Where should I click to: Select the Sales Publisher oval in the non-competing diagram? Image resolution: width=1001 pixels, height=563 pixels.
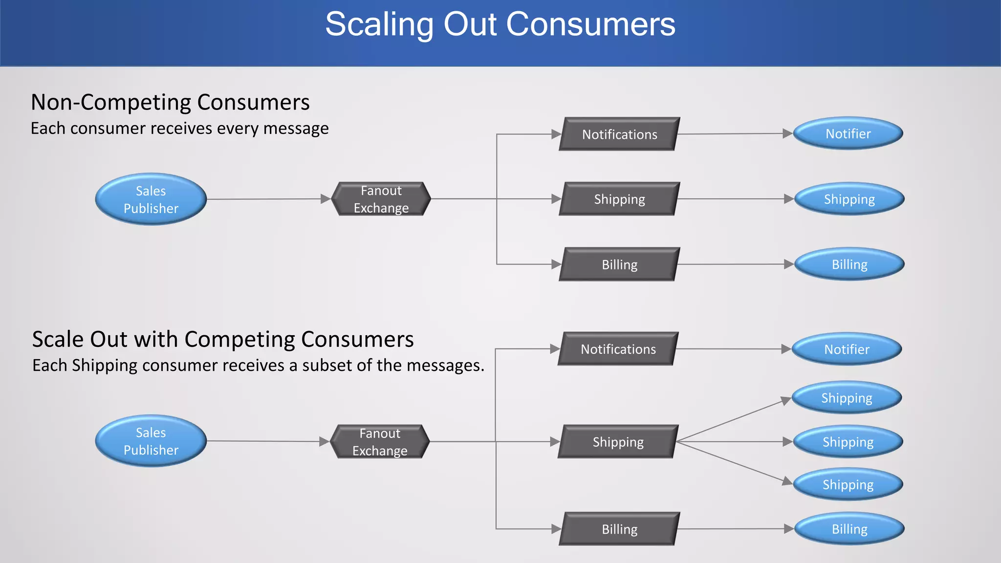(x=151, y=199)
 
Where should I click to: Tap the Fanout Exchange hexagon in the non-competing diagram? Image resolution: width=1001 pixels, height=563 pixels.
(x=381, y=199)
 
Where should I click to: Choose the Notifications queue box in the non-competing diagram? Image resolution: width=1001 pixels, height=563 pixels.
(x=619, y=134)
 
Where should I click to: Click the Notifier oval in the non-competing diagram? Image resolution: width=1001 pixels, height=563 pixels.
(x=848, y=133)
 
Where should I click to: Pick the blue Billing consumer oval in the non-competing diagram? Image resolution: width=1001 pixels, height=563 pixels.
(x=849, y=264)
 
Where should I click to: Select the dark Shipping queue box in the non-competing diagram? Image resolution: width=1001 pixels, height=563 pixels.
(x=619, y=199)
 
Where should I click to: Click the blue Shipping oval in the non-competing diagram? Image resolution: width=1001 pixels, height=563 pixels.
(x=849, y=199)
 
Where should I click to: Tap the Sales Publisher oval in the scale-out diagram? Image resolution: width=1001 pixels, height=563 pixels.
(x=151, y=441)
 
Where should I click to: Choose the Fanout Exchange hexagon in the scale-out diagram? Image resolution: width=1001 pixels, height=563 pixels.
(x=380, y=442)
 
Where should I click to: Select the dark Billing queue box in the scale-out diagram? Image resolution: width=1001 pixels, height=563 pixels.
(x=619, y=529)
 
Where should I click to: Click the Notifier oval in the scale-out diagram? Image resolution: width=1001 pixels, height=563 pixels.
(x=847, y=349)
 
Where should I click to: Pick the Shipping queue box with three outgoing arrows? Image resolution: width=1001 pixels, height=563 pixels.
(x=618, y=442)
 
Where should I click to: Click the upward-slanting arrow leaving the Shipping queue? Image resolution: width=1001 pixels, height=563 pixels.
(x=733, y=420)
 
